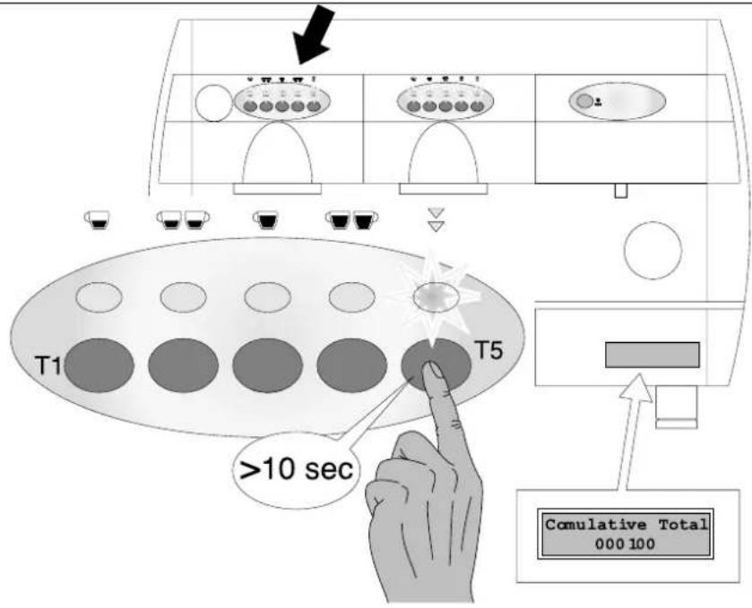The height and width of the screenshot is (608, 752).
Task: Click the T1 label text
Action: tap(48, 366)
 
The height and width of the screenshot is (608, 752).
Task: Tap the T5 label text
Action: tap(488, 350)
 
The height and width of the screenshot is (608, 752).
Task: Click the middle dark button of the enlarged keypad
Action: tap(268, 365)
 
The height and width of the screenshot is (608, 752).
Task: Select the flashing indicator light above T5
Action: tap(436, 297)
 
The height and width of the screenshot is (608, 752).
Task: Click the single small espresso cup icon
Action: tap(98, 219)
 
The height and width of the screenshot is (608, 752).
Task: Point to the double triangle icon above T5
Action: tap(436, 219)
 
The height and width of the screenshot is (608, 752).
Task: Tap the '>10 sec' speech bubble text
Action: tap(296, 469)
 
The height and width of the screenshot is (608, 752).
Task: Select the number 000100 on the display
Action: tap(625, 544)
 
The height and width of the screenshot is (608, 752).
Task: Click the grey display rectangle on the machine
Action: tap(653, 355)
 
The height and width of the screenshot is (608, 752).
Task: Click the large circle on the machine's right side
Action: tap(653, 250)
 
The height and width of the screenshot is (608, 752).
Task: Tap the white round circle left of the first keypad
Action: tap(214, 103)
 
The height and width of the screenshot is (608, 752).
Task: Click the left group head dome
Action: tap(278, 152)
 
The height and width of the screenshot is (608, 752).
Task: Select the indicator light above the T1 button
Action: tap(99, 297)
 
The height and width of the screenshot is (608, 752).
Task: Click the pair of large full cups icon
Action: tap(351, 219)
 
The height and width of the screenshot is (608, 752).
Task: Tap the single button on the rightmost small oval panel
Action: tap(584, 101)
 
